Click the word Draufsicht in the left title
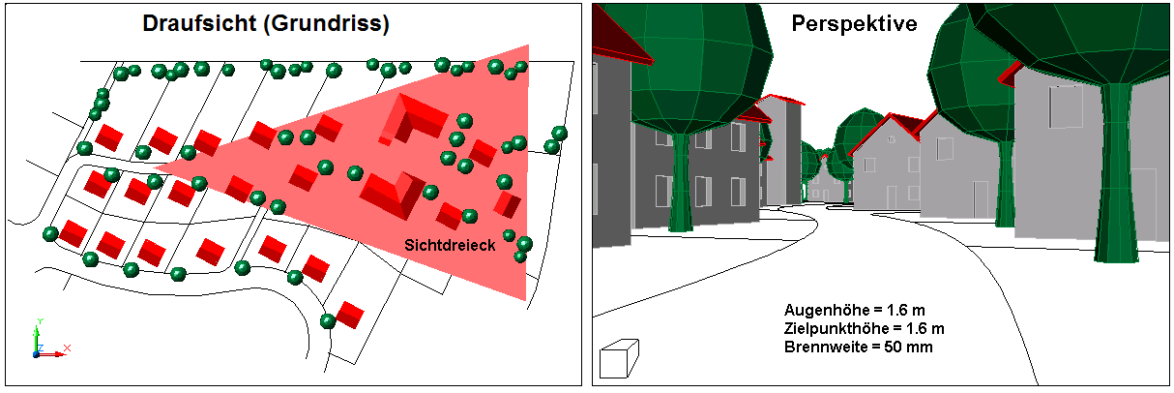[199, 23]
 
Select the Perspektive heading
[854, 24]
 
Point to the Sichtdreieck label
[450, 245]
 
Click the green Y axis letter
[40, 321]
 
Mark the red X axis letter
[67, 348]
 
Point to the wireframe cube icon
[619, 359]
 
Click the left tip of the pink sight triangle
[155, 168]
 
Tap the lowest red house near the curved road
[349, 315]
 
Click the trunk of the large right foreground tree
[1117, 172]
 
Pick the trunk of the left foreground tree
[682, 182]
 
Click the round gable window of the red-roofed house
[891, 140]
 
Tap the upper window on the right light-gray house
[1066, 106]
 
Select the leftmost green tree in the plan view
[50, 233]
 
